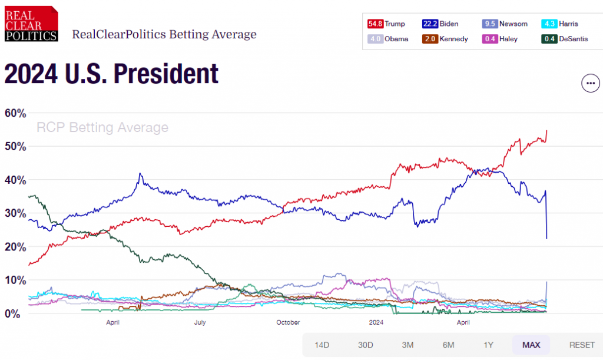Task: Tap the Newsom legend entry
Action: coord(505,24)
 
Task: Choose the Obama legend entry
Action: coord(387,39)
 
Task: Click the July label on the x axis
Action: coord(200,322)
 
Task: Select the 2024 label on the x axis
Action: coord(376,322)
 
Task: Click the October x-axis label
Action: coord(288,322)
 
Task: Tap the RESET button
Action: coord(582,345)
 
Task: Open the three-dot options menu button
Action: coord(590,83)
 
